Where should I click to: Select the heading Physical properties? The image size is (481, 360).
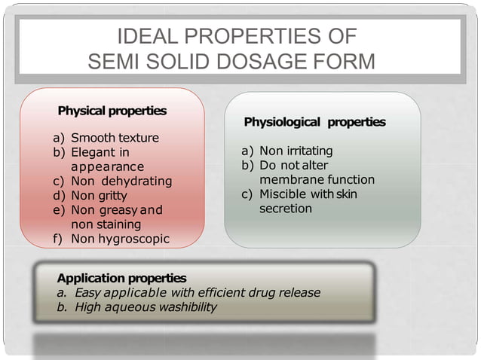click(x=112, y=111)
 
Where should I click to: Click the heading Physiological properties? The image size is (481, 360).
click(x=314, y=121)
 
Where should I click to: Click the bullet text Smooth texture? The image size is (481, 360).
click(x=115, y=139)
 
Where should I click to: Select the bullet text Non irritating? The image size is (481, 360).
click(x=296, y=151)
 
